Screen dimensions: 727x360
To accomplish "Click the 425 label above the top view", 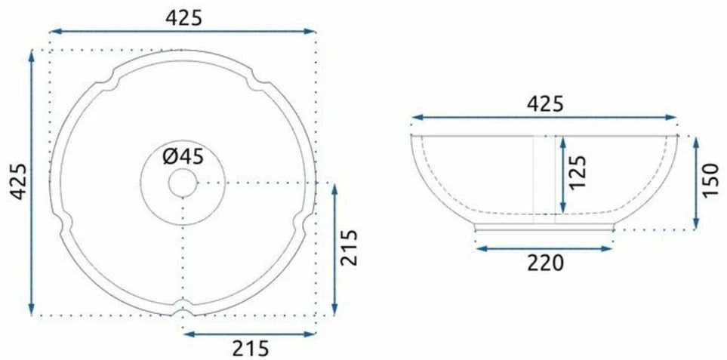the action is click(184, 18).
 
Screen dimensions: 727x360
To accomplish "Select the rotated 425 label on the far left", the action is click(19, 181).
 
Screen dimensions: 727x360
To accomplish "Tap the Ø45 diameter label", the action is click(183, 158).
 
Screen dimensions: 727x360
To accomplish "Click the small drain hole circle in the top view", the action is click(183, 183).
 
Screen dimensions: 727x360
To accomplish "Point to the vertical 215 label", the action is click(349, 247).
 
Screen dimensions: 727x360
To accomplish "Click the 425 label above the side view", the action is click(545, 104).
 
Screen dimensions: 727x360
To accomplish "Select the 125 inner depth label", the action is click(578, 172).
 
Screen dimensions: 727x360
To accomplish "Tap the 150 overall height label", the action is click(710, 180).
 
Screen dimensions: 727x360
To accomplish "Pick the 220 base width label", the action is click(545, 263).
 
